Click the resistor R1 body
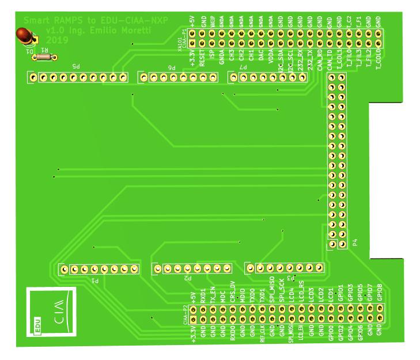[x=44, y=56]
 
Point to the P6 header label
[x=171, y=67]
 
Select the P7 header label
[x=244, y=68]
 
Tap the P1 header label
[x=95, y=281]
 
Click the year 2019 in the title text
[x=56, y=40]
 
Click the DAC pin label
[x=261, y=57]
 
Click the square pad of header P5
[x=33, y=77]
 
